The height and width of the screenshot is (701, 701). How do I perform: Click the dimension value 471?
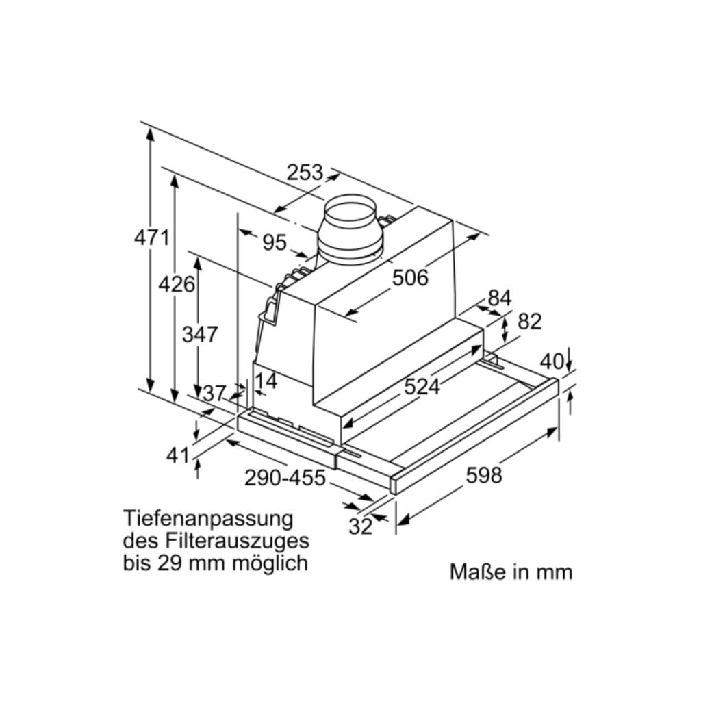point(151,238)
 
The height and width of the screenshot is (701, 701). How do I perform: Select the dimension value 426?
point(177,283)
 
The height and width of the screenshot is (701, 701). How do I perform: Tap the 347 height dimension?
point(200,334)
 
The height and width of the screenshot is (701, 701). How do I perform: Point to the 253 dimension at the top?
point(305,173)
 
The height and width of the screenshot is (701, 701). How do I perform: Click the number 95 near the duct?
point(274,242)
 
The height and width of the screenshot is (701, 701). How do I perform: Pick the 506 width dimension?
point(410,277)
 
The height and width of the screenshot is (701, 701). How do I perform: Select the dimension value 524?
point(421,387)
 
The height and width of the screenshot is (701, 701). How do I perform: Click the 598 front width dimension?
point(483,474)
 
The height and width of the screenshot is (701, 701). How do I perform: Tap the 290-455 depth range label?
point(285,477)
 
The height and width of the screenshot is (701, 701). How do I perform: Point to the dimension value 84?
point(500,298)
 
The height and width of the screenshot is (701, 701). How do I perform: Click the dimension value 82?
point(529,321)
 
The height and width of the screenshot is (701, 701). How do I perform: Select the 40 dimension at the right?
point(552,361)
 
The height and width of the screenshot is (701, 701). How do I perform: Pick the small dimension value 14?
point(266,381)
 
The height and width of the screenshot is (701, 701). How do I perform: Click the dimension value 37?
point(214,393)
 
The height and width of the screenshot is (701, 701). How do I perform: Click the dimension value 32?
point(360,526)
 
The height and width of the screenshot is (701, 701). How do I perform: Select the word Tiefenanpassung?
point(208,518)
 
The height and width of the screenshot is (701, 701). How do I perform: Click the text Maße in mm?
point(511,572)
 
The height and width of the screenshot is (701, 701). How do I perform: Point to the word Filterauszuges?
point(237,540)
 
